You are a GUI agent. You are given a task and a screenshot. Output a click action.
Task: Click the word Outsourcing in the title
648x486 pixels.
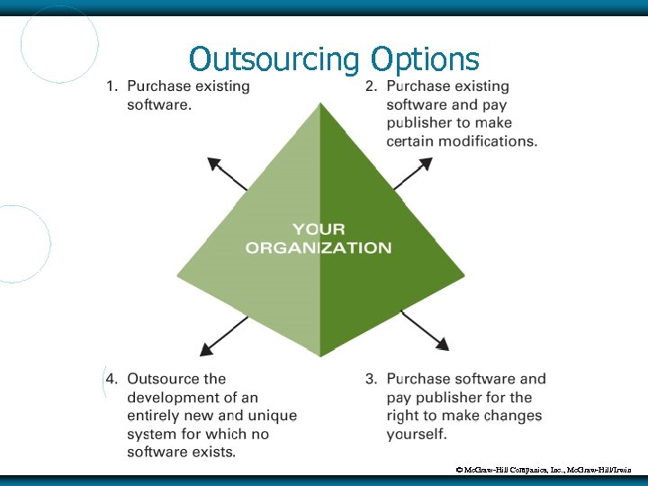[x=274, y=59]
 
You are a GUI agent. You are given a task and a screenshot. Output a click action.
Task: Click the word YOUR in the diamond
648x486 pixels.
[x=319, y=229]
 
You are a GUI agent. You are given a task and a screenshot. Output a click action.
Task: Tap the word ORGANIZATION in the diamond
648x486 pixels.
[x=319, y=247]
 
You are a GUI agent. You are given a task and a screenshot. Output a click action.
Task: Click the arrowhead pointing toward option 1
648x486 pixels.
[x=214, y=164]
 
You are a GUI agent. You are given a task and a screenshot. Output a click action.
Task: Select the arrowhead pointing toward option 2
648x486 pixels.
[x=425, y=164]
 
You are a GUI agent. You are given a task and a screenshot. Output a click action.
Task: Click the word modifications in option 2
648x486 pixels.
[x=487, y=141]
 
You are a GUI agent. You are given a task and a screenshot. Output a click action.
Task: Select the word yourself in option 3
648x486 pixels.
[x=417, y=434]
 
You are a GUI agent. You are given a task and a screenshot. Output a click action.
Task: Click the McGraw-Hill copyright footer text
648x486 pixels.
[x=549, y=470]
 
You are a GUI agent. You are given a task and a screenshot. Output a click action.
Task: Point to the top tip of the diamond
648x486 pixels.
[x=320, y=103]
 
